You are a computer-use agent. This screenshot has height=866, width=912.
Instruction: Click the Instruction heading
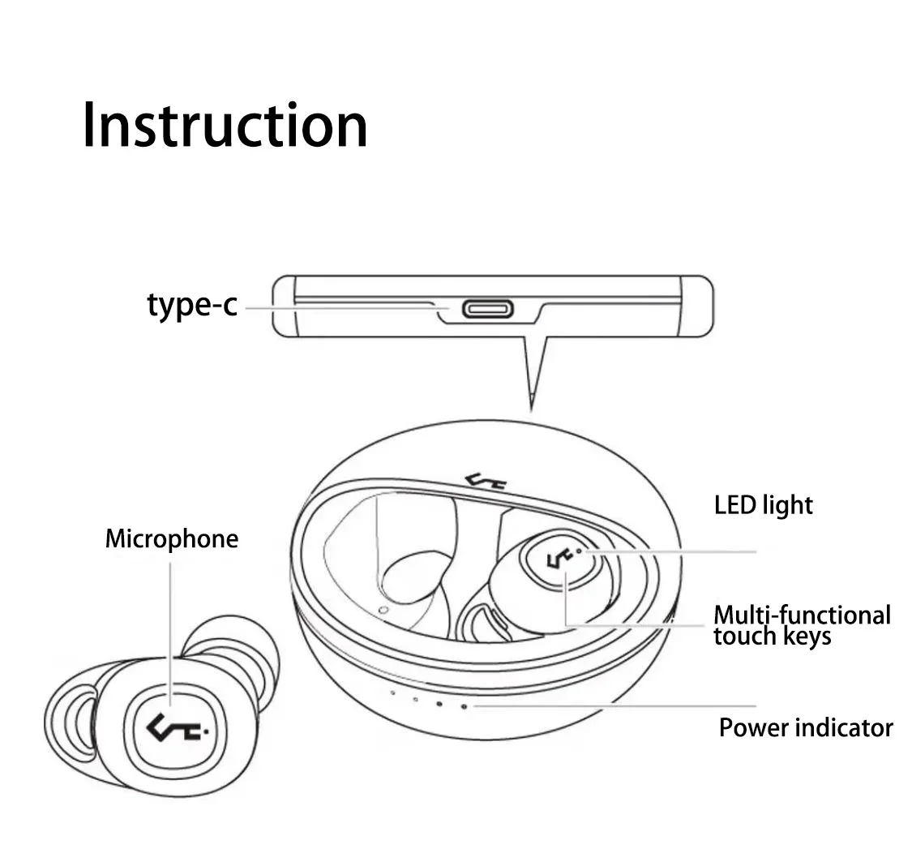tap(225, 126)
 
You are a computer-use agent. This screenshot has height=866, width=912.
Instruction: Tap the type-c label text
tap(192, 305)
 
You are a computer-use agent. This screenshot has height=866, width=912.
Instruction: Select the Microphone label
tap(172, 539)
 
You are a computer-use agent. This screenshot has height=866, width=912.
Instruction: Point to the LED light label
tap(763, 505)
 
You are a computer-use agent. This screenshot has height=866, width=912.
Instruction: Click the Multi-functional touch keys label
tap(802, 625)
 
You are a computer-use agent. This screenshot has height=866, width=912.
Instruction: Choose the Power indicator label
tap(806, 727)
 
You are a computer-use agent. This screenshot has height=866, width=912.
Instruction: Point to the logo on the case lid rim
tap(486, 482)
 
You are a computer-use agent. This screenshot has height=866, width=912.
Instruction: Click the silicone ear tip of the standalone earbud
tap(235, 649)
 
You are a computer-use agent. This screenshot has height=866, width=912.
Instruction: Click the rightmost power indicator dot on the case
tap(465, 706)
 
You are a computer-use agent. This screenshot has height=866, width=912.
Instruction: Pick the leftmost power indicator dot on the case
tap(392, 694)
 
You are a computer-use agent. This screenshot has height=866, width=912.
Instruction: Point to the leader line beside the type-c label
tap(340, 308)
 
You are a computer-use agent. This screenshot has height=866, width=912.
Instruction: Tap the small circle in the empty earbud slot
tap(383, 609)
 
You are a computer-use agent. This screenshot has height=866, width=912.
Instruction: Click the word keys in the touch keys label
tap(802, 637)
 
